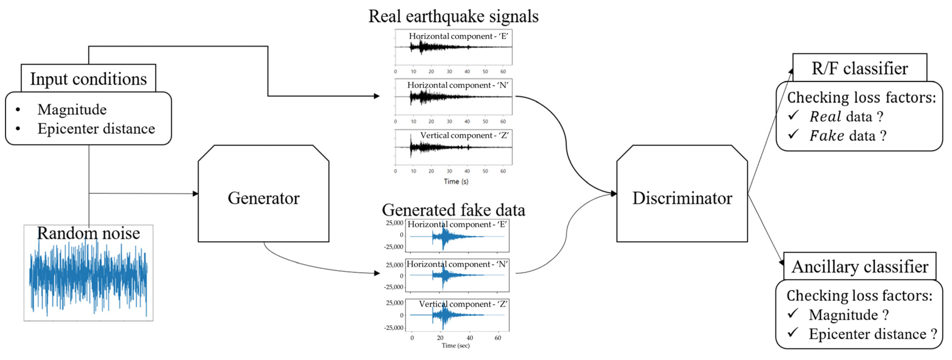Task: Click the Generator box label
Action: [263, 198]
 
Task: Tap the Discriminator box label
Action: [682, 198]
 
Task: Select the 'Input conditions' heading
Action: [88, 79]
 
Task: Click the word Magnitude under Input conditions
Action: [72, 109]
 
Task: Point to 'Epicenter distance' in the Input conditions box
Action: [96, 129]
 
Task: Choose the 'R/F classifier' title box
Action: [859, 68]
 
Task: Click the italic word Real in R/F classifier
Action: [825, 117]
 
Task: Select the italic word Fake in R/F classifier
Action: [827, 136]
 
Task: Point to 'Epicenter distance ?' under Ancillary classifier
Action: [872, 334]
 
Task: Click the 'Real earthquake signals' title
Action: [453, 16]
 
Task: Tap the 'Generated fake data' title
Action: [453, 210]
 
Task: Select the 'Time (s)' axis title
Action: [456, 181]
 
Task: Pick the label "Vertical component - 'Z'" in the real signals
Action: [464, 135]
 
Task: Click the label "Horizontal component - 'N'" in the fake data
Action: [457, 264]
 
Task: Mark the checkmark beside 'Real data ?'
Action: [793, 115]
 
